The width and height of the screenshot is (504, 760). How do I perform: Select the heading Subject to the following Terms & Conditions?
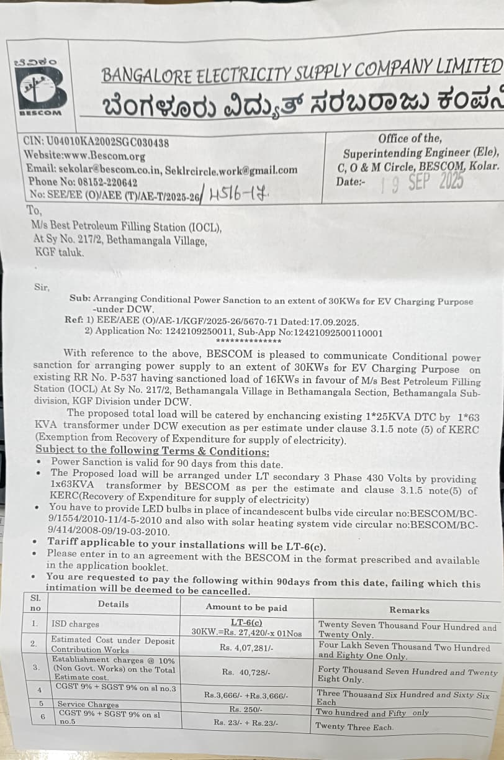(x=152, y=451)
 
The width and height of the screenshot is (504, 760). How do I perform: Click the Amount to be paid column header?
(x=246, y=608)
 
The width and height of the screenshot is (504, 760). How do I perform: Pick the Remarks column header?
(x=409, y=610)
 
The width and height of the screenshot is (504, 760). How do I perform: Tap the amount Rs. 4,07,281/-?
(x=246, y=648)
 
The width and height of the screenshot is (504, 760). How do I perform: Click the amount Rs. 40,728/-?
(x=246, y=672)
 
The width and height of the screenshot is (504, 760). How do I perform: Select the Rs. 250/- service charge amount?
(x=246, y=709)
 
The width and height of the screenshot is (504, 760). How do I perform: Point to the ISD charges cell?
(x=75, y=624)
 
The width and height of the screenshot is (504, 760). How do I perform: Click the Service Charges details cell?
(x=88, y=705)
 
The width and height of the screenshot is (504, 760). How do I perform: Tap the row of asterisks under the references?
(x=248, y=341)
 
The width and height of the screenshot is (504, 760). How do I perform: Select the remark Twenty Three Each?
(x=354, y=726)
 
